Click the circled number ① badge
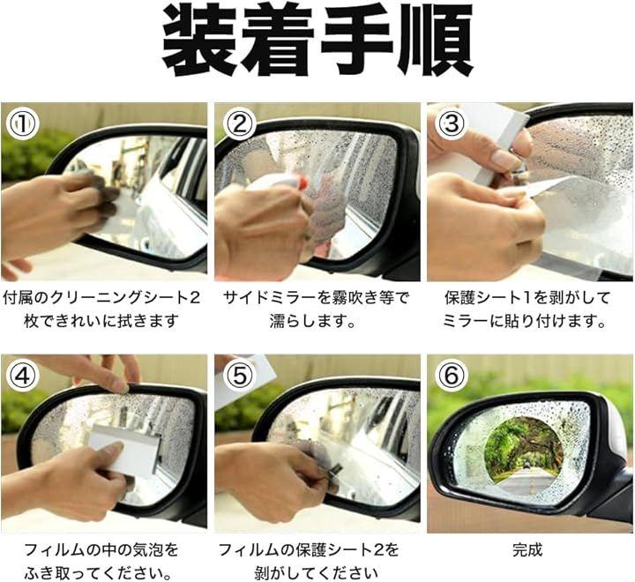pos(23,123)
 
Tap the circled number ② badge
pos(240,123)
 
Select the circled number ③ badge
pos(452,123)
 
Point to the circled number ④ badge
pos(23,376)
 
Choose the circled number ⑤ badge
pos(240,376)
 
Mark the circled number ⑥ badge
pos(452,376)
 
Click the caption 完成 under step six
pos(527,550)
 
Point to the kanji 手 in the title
pos(357,41)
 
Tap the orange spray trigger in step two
pos(302,183)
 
